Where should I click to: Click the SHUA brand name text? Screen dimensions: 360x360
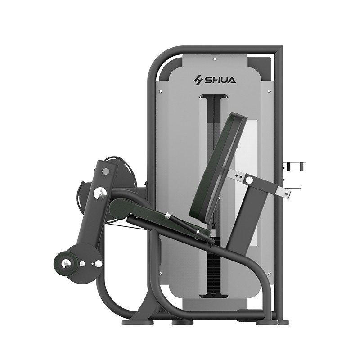[x=220, y=80]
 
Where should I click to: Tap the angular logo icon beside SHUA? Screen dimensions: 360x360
[x=199, y=81]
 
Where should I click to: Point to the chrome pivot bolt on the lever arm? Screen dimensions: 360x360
[x=100, y=192]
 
